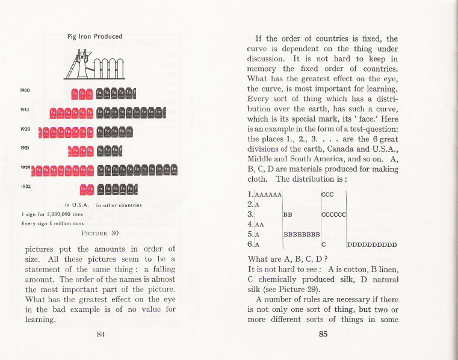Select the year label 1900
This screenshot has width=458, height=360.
point(25,90)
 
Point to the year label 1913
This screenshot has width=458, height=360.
point(25,110)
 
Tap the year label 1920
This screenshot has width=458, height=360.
point(25,129)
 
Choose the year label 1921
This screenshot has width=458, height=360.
point(25,147)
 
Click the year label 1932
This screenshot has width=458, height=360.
point(25,186)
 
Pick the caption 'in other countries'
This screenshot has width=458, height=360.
point(119,205)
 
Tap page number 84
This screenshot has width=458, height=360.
point(101,335)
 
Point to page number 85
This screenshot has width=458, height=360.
point(323,335)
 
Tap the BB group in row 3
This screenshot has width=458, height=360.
point(288,214)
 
